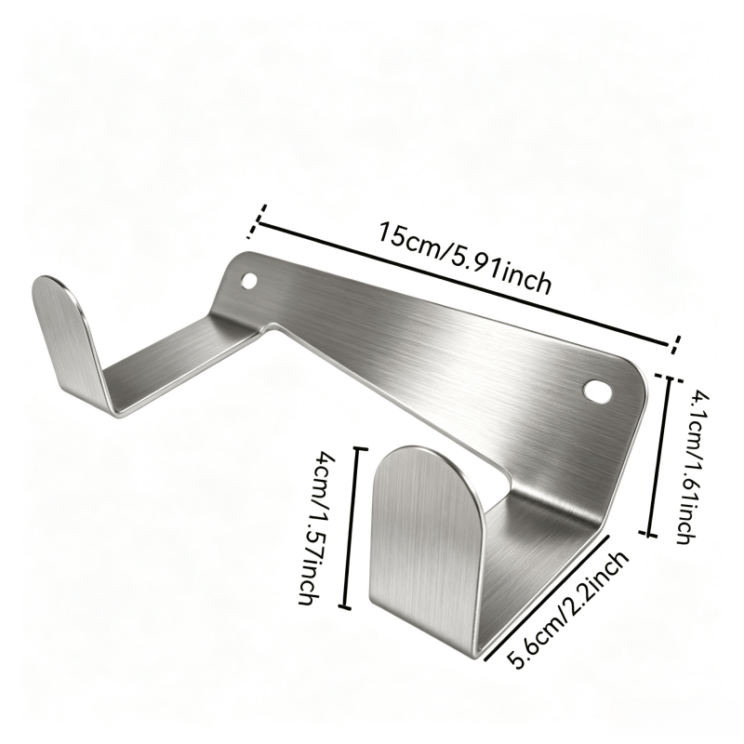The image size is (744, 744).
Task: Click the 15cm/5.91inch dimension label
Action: click(x=465, y=259)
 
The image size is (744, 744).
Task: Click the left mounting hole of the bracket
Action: click(x=248, y=281)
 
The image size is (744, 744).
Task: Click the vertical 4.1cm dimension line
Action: click(x=660, y=456)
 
